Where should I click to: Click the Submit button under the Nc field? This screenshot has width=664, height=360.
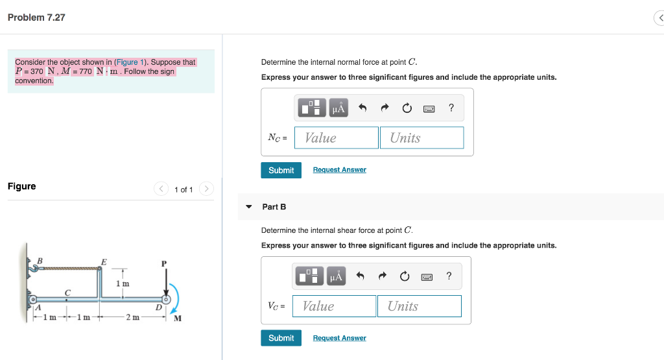click(281, 170)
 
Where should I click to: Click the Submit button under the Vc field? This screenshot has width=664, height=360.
click(281, 338)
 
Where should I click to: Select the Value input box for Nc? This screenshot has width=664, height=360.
click(336, 138)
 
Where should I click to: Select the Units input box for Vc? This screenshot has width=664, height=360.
click(419, 306)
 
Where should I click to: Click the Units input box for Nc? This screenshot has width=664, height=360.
click(421, 138)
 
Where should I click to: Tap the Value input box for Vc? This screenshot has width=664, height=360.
click(334, 306)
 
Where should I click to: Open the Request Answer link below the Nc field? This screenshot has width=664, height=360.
click(339, 170)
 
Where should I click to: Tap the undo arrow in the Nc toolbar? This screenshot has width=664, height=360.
click(363, 108)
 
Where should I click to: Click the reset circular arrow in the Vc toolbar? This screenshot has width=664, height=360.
click(405, 277)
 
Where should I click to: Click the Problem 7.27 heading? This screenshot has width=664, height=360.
click(36, 18)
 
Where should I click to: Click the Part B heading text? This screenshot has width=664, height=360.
click(274, 207)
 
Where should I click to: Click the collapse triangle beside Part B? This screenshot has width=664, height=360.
click(248, 207)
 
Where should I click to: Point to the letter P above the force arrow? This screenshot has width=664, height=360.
click(164, 263)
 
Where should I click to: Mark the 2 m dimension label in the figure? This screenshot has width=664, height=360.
click(132, 317)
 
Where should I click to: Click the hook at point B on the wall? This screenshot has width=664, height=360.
click(33, 267)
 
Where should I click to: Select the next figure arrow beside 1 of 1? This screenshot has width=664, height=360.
click(206, 189)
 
